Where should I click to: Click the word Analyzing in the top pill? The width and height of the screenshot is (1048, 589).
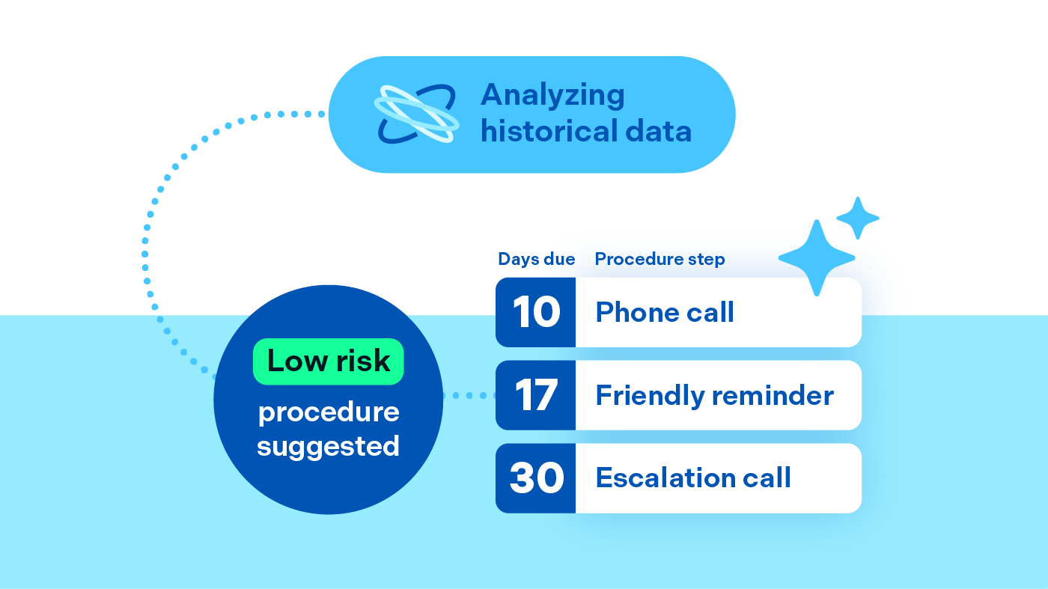(x=552, y=96)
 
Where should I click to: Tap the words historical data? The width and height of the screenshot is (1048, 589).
(x=585, y=132)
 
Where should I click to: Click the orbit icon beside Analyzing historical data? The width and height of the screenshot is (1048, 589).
(x=416, y=115)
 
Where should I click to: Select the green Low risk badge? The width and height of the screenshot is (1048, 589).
(x=328, y=361)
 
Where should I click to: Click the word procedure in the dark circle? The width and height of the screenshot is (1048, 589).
(x=329, y=412)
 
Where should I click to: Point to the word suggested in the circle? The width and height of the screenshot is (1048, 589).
(x=328, y=446)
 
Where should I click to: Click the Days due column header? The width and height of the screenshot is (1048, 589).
(x=536, y=260)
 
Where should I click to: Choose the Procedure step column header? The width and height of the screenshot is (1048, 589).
(x=659, y=260)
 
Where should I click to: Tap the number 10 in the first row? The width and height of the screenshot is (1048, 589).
(x=536, y=312)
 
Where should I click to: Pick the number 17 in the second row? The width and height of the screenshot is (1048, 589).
(x=536, y=395)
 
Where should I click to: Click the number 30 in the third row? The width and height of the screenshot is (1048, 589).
(x=536, y=478)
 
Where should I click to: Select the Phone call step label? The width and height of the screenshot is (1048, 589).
(x=665, y=312)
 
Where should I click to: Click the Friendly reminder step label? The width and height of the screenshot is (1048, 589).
(x=714, y=395)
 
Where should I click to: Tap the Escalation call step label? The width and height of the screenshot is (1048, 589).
(x=693, y=478)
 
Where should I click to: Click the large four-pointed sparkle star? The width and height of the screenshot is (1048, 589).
(x=817, y=257)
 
